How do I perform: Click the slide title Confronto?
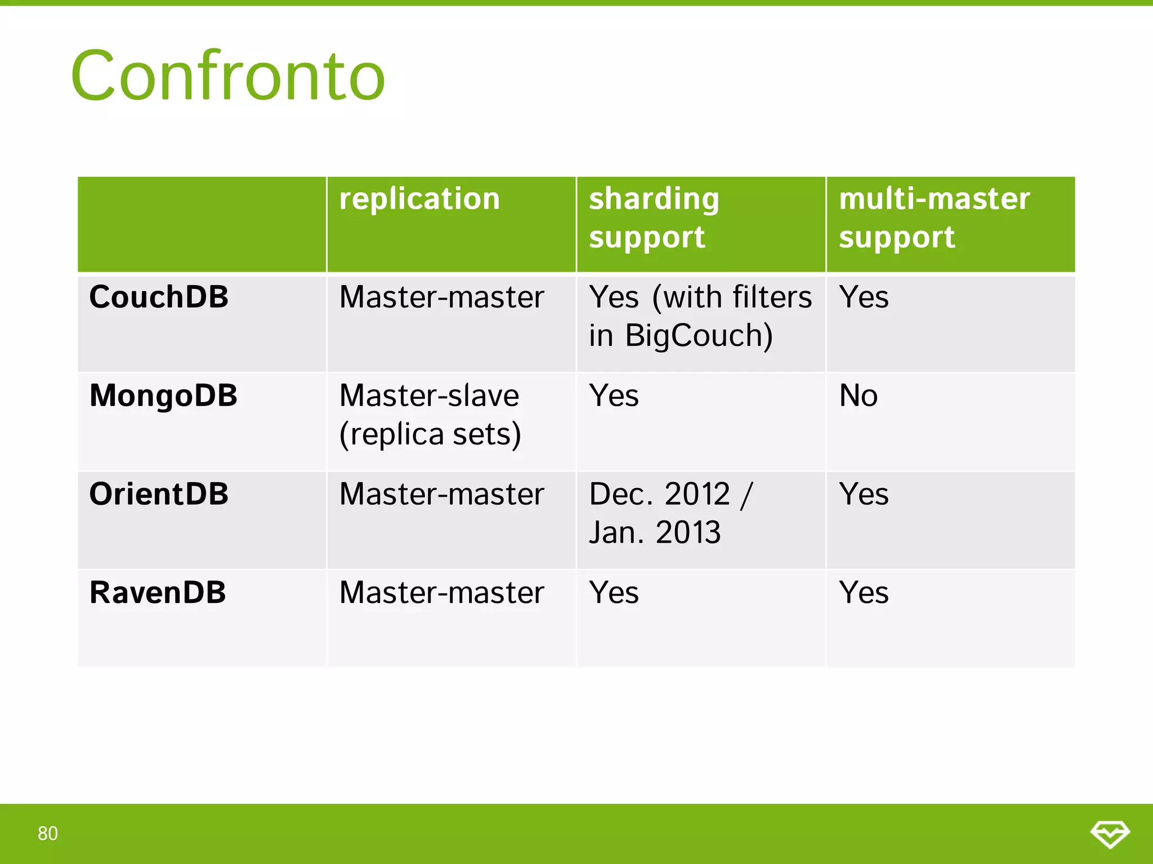[x=228, y=76]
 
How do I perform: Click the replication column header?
[x=419, y=199]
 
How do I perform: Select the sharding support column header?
[x=654, y=218]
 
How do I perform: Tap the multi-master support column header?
[x=934, y=218]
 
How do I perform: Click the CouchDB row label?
[x=159, y=297]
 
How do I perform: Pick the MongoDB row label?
[x=163, y=395]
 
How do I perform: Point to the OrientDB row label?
[x=159, y=494]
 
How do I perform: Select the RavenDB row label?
[x=158, y=593]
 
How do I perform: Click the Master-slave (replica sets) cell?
[x=430, y=415]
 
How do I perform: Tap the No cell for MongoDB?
[x=858, y=395]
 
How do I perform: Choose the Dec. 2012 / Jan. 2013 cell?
[x=670, y=513]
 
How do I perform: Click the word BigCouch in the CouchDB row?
[x=699, y=336]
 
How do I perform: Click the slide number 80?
[x=48, y=834]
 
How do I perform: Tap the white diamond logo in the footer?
[x=1110, y=834]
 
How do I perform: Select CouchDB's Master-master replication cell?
[x=441, y=297]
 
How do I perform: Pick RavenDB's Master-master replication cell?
[x=441, y=593]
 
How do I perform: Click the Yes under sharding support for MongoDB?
[x=614, y=395]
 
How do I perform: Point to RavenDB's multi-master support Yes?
[x=864, y=593]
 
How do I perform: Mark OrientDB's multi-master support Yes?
[x=864, y=494]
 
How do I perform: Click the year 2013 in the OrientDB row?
[x=688, y=533]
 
